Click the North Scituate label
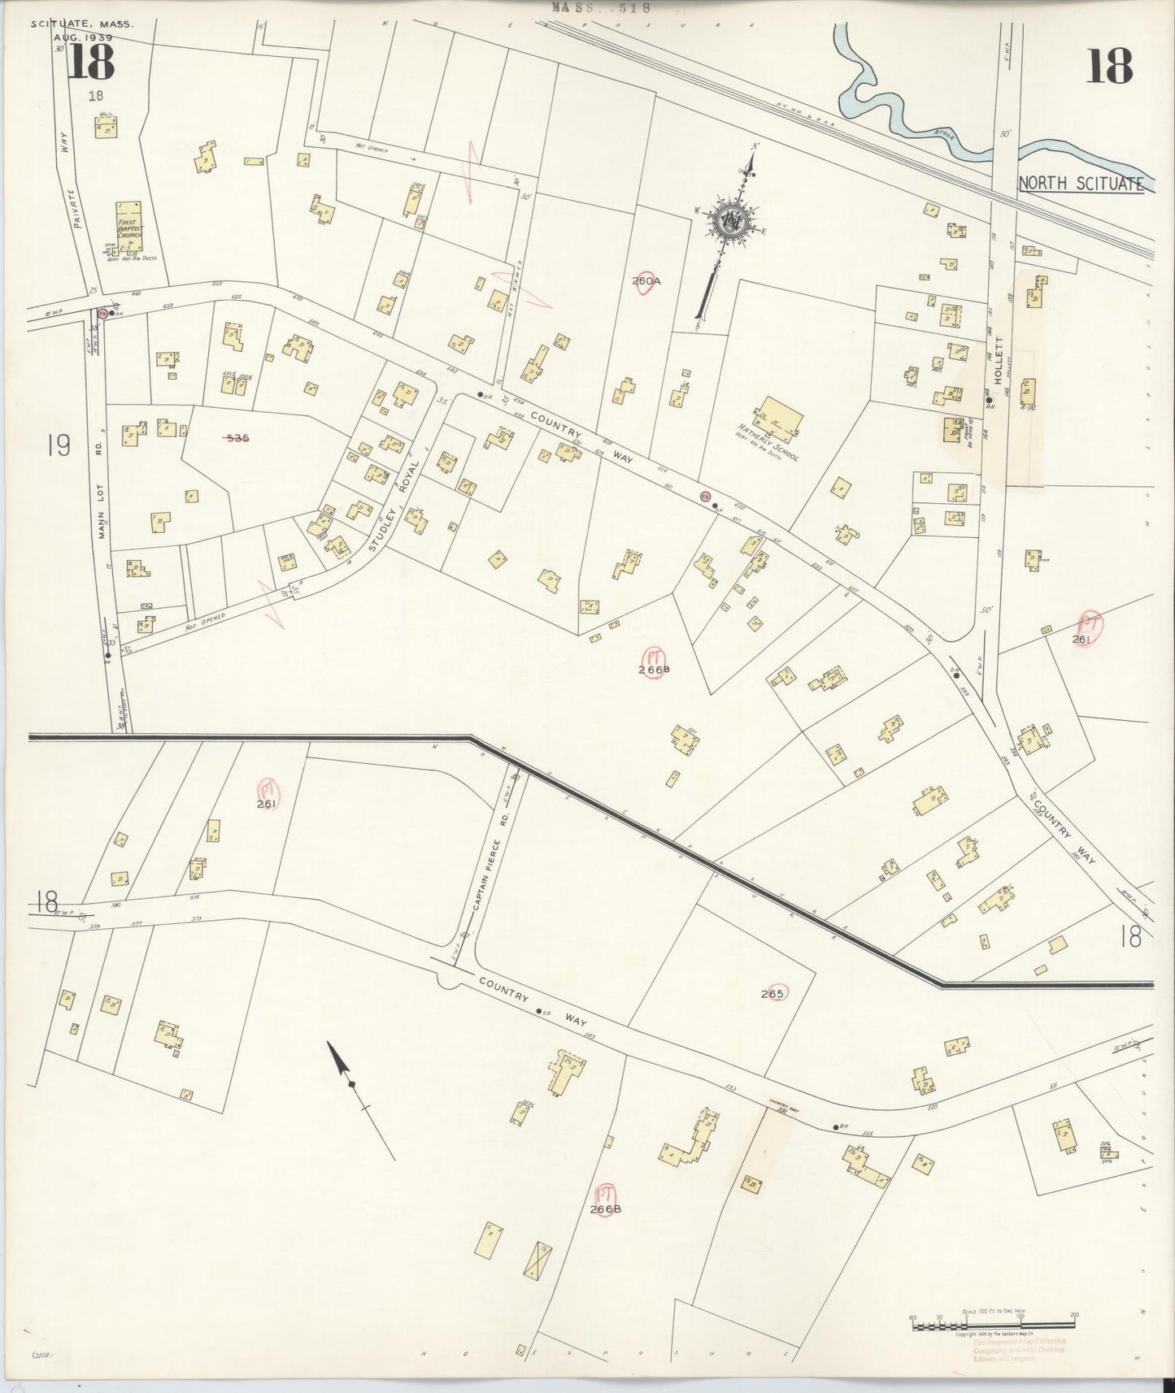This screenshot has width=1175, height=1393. point(1081,184)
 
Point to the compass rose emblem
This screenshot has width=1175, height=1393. point(731,219)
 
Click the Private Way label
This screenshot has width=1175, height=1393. point(67,188)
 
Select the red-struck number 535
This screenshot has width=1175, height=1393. point(237,437)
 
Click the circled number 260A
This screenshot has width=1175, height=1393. point(647,280)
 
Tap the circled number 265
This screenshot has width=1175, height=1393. point(772,993)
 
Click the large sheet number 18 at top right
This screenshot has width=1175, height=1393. point(1108,66)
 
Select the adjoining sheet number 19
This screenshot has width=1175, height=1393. point(59,445)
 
